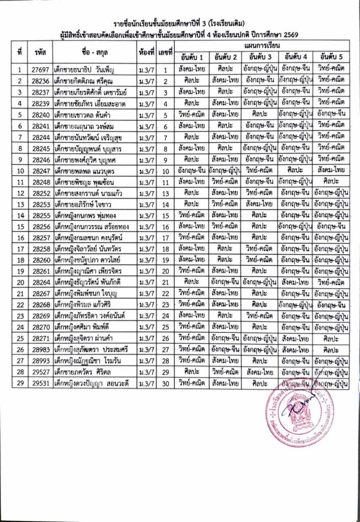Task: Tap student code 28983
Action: pyautogui.click(x=40, y=349)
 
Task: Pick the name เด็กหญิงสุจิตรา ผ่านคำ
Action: pyautogui.click(x=85, y=338)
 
